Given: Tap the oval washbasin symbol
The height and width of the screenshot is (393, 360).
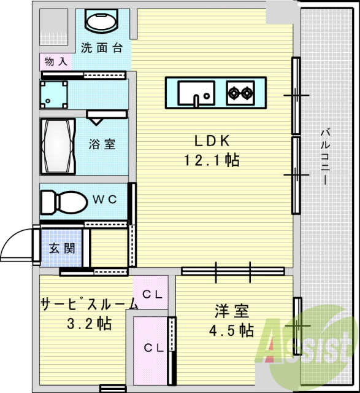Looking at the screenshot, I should click(x=100, y=22).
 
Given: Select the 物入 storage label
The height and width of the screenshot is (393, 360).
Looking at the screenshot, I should click(x=55, y=61).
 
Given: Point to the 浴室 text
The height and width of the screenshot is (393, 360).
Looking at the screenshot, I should click(x=102, y=144).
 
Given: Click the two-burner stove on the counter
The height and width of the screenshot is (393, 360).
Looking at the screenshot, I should click(x=240, y=93).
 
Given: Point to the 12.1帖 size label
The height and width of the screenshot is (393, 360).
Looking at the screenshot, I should click(x=212, y=161).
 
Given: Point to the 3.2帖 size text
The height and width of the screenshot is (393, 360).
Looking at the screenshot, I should click(x=89, y=323).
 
